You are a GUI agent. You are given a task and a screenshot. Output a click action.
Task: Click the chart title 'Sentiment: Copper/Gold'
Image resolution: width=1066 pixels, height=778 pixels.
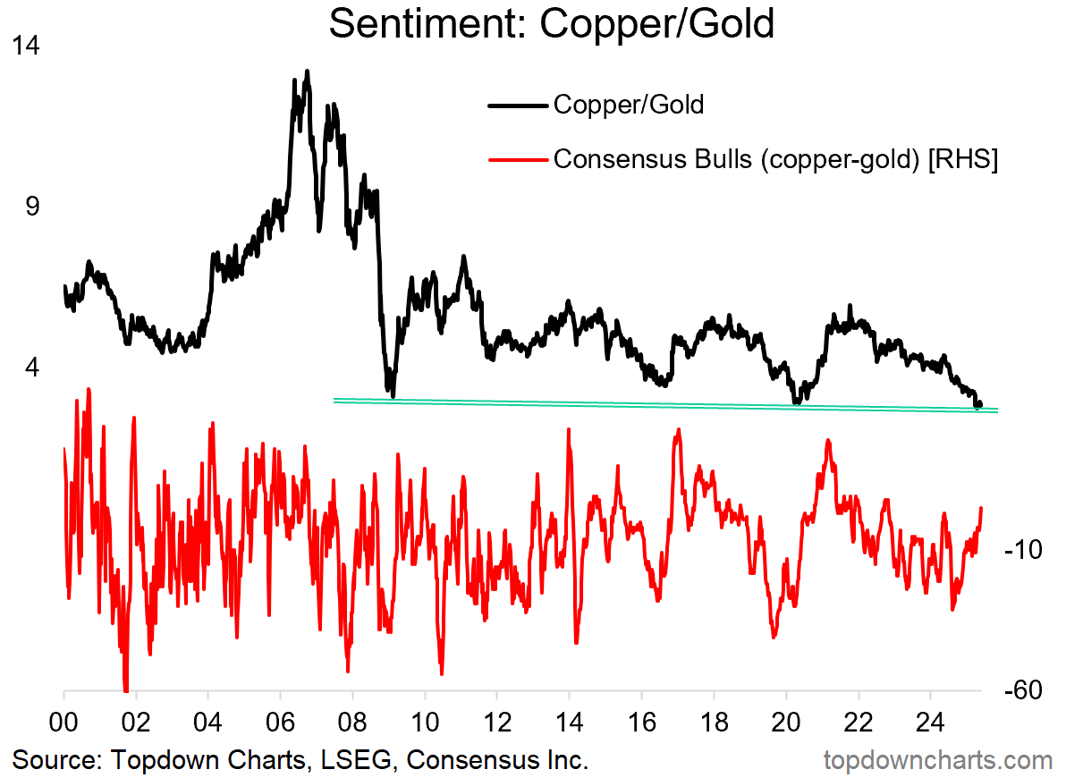[x=551, y=24]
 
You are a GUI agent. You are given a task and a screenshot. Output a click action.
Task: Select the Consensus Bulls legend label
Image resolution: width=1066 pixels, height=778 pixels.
[x=775, y=159]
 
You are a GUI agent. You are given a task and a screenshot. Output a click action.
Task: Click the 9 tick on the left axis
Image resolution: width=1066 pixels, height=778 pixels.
[x=34, y=206]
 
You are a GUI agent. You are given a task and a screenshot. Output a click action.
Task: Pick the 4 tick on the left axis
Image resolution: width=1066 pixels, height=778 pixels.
[x=34, y=367]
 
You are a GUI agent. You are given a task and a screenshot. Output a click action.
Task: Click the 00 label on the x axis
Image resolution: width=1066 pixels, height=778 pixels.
[x=63, y=719]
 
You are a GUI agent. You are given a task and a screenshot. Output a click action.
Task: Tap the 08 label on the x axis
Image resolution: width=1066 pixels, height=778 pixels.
[x=352, y=719]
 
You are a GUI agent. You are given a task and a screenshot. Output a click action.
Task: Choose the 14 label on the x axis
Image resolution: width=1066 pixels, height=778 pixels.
[x=570, y=719]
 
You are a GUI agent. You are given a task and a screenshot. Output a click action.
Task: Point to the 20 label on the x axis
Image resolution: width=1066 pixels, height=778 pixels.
[x=786, y=719]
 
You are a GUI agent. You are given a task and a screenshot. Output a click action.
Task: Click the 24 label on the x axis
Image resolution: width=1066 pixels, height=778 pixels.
[x=930, y=719]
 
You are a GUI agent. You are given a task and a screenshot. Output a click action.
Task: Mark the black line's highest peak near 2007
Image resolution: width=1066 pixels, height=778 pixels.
[x=307, y=71]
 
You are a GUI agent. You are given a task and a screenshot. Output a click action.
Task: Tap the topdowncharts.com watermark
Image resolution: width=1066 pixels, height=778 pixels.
[x=937, y=761]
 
